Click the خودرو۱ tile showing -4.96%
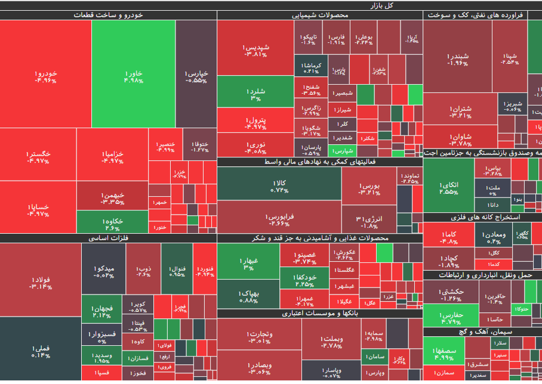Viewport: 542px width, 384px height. [x=45, y=75]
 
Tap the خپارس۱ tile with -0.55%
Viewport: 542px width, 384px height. [x=196, y=75]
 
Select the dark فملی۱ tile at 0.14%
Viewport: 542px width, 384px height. [x=40, y=349]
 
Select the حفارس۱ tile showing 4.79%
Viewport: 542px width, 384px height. [x=451, y=315]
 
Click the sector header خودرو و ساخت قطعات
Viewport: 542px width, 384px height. [x=109, y=15]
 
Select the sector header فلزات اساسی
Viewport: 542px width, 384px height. [x=109, y=238]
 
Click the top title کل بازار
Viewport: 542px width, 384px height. [x=382, y=5]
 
